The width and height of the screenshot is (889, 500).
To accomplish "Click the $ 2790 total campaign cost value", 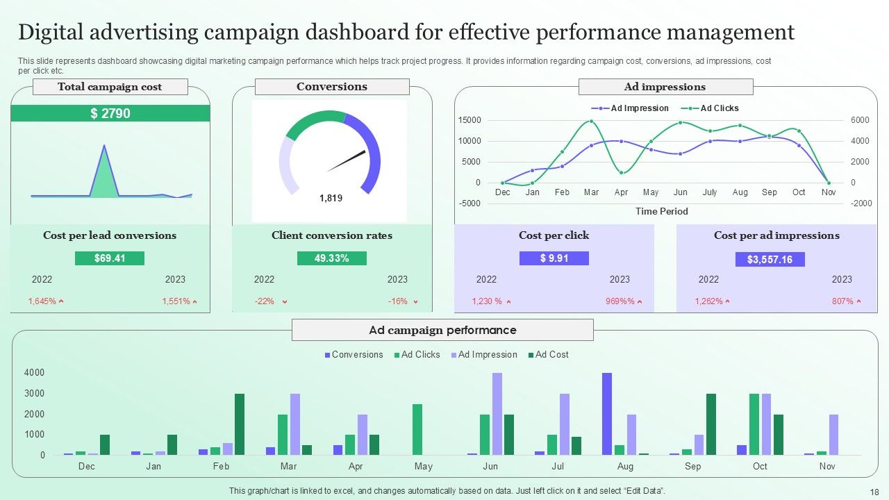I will [x=110, y=113].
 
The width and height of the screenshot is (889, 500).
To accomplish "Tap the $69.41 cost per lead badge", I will [x=110, y=258].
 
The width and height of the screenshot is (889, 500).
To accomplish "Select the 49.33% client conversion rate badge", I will [x=331, y=258].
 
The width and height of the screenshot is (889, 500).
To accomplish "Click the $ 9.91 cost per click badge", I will [x=554, y=258].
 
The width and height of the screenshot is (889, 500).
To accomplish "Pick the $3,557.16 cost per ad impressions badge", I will [x=770, y=260].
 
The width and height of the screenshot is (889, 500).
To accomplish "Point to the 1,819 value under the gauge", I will [x=331, y=198].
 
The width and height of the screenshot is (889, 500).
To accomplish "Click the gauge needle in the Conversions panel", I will [x=347, y=161].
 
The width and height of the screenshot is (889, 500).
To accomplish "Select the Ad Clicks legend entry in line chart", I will [x=719, y=108].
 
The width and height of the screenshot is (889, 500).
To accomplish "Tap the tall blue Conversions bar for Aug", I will [x=607, y=414].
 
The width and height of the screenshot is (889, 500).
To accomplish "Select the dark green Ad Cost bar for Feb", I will [x=240, y=424].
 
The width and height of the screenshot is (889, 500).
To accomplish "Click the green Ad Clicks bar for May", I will [x=417, y=429].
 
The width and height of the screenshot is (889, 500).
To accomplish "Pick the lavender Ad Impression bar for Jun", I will [x=497, y=414].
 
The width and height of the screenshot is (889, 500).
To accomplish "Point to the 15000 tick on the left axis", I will [x=469, y=120].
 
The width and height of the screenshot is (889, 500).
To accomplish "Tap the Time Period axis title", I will [x=662, y=211].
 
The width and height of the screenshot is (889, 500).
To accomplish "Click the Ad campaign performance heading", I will [x=442, y=330].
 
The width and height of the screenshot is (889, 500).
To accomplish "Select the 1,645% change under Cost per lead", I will [x=42, y=301].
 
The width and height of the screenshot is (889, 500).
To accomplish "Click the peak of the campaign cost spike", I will [x=104, y=146].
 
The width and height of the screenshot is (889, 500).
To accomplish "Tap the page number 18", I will [x=874, y=491].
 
